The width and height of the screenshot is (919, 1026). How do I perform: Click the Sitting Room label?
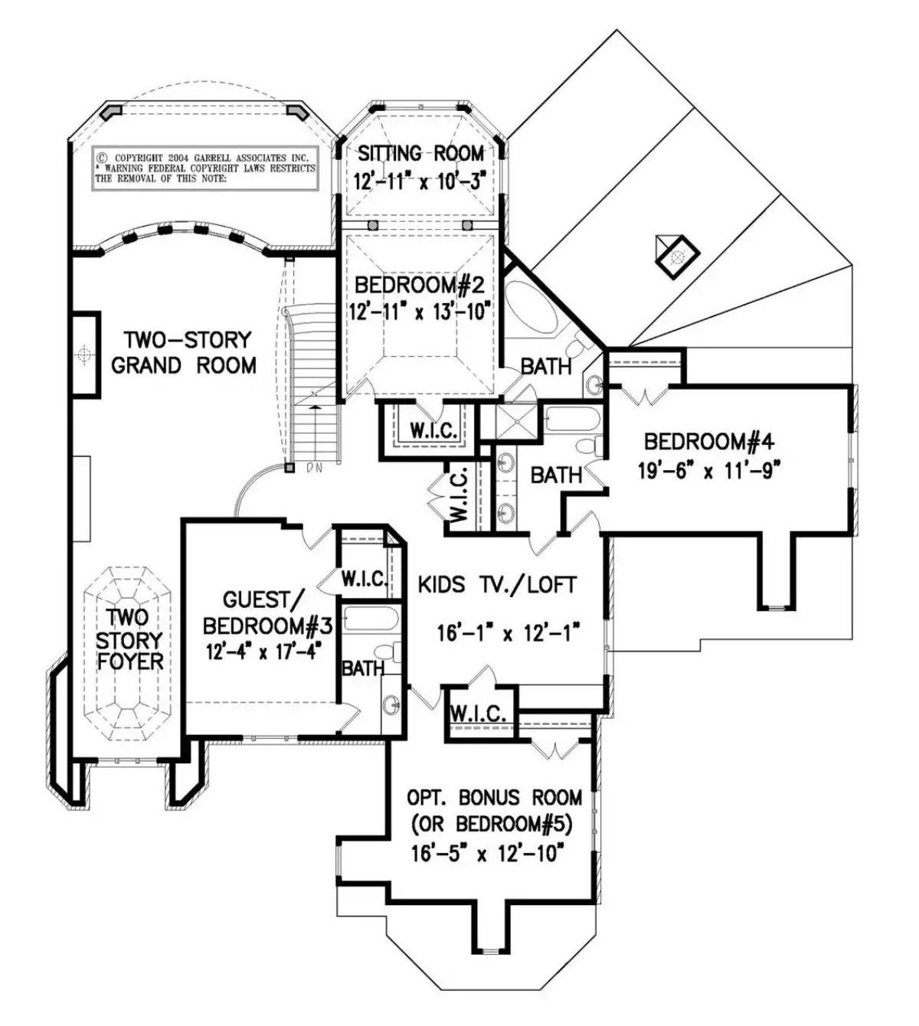pos(420,152)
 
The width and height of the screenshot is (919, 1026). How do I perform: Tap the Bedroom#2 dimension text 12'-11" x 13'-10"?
pos(420,312)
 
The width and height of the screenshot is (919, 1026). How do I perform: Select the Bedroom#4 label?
pos(710,442)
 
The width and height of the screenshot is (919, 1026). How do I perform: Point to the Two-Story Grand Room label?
pos(184,352)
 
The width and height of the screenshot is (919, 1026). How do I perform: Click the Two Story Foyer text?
pos(129,639)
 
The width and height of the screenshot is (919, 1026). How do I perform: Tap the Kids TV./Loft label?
pos(497,585)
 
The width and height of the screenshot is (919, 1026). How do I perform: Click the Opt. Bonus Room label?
pos(493,797)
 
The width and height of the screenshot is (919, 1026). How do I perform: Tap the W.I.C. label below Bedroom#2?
pos(433,431)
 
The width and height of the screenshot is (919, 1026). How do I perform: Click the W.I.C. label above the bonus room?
pos(479,714)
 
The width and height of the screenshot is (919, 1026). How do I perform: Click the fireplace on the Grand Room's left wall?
pos(85,354)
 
